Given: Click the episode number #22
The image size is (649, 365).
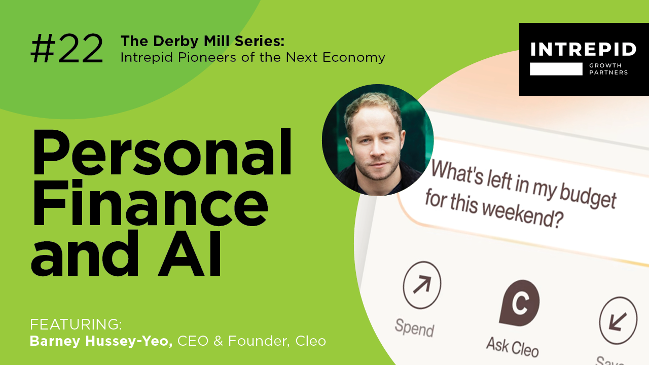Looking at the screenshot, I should tap(67, 50).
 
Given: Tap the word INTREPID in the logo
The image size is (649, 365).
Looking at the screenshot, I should tap(583, 50).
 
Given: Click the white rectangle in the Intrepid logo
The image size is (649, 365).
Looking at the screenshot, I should tap(556, 69).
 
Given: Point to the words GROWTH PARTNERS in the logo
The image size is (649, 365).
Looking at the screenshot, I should tap(608, 69).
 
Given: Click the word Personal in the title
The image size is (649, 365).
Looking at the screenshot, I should tap(161, 152).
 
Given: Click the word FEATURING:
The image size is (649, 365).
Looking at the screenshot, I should tap(76, 324).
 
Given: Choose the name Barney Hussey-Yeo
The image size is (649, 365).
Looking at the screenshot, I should tap(101, 341).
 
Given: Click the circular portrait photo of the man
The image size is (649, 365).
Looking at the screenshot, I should tap(377, 140).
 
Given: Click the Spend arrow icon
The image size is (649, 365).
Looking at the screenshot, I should tap(422, 285).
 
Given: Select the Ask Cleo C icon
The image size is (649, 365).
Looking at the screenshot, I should tap(519, 303).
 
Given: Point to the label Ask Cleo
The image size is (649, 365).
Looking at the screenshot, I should tap(512, 346).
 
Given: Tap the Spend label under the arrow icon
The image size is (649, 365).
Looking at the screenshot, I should tap(414, 327).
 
